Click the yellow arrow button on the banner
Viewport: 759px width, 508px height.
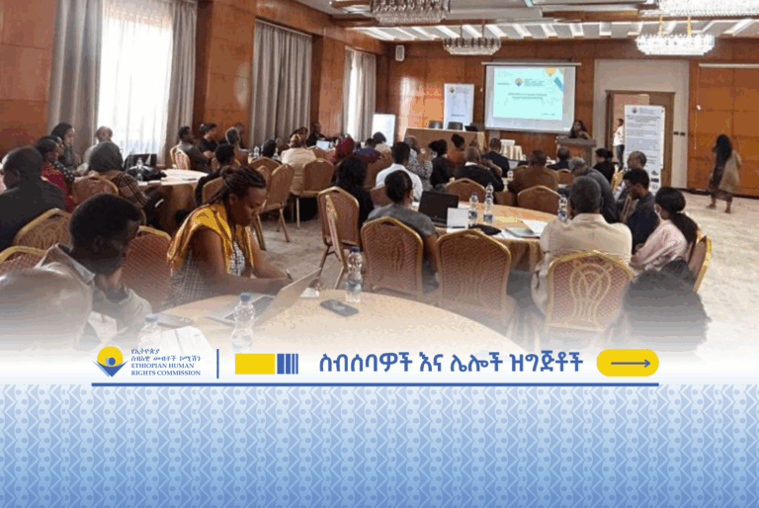click(x=628, y=363)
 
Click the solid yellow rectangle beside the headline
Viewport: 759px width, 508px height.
click(x=254, y=364)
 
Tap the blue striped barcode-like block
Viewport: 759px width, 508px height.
click(x=288, y=364)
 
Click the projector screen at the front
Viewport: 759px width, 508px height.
click(x=529, y=97)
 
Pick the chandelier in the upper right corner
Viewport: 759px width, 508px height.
click(x=675, y=42)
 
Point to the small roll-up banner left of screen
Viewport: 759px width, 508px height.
click(x=458, y=105)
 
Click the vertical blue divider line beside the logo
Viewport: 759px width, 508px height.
click(x=217, y=363)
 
